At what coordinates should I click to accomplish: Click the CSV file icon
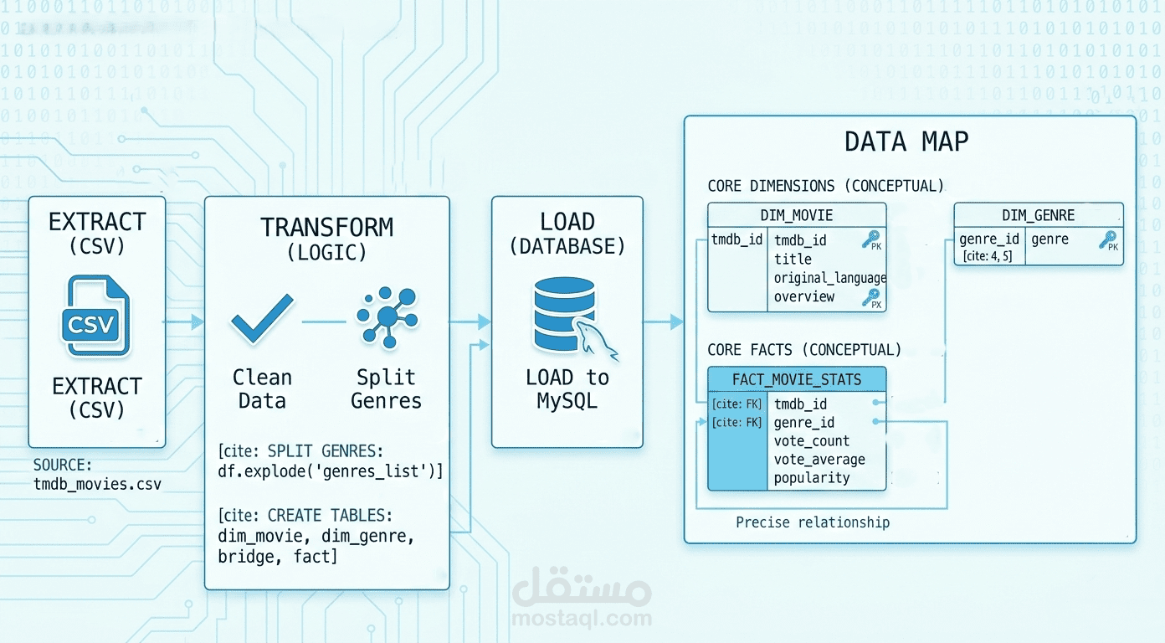coord(95,318)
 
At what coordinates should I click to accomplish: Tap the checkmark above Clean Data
coord(262,320)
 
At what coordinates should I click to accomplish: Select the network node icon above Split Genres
coord(387,317)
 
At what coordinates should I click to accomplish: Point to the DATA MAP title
coord(906,141)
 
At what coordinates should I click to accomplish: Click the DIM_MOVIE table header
coord(797,215)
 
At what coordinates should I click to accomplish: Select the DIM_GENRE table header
coord(1038,215)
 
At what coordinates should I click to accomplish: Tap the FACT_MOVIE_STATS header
coord(797,379)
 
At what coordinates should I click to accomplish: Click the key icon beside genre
coord(1107,240)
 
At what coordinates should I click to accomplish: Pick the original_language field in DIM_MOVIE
coord(829,277)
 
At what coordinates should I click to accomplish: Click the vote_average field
coord(819,459)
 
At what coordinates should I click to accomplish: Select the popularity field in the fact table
coord(812,477)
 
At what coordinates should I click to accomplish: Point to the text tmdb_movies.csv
coord(97,484)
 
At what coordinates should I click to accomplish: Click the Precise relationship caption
coord(813,522)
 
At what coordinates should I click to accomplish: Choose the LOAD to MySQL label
coord(567,388)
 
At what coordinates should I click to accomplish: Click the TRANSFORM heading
coord(326,227)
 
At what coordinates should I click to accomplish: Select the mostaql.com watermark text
coord(582,619)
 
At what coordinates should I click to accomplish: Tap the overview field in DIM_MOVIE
coord(803,296)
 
